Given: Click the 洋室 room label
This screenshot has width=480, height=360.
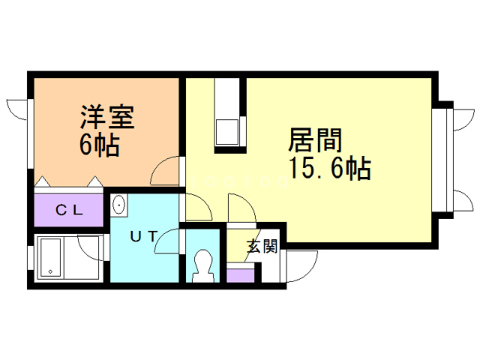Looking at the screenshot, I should [107, 118].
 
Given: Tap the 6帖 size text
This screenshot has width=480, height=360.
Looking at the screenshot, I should [99, 145].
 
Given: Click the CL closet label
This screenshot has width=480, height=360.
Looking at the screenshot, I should [69, 210].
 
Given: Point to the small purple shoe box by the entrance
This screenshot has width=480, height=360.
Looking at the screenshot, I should [240, 275].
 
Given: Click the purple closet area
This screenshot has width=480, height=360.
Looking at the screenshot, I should [69, 210].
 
